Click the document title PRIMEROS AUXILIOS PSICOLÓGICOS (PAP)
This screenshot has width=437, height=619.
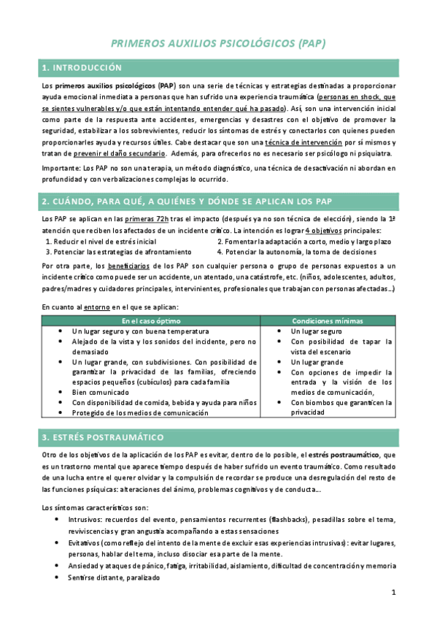click(217, 44)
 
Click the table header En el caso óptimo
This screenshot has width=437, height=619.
click(150, 321)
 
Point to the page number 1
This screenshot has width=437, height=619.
click(392, 592)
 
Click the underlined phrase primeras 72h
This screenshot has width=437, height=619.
click(147, 219)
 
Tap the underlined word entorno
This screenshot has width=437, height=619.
click(97, 308)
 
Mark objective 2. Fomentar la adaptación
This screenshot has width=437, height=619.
click(303, 241)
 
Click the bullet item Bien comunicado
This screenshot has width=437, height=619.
click(100, 391)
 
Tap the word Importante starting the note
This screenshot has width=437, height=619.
click(61, 169)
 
